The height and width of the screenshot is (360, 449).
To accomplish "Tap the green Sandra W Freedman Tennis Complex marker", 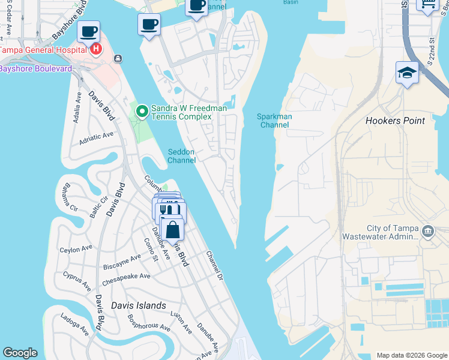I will [142, 111].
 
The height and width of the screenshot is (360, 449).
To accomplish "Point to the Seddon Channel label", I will [181, 156].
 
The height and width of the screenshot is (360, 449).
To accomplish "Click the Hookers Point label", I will [395, 121].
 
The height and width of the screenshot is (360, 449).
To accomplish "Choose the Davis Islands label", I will [138, 305].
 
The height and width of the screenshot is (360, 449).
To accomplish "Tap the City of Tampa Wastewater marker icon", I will [429, 231].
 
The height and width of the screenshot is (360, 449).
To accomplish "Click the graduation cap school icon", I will [407, 73].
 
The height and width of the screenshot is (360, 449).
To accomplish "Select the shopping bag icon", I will [172, 229].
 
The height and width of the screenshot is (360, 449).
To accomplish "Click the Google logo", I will [20, 353].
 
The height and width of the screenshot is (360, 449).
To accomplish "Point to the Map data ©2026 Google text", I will [411, 355].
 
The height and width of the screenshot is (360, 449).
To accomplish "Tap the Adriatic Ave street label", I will [96, 139].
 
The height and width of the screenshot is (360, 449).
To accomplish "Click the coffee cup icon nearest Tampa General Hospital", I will [89, 31].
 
